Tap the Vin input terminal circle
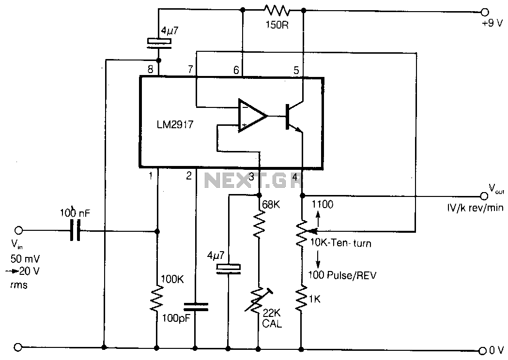19,230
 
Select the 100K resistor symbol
157,300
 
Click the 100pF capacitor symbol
195,306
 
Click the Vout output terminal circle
483,196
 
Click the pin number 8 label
151,69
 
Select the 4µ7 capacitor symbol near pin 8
159,42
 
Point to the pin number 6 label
236,70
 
